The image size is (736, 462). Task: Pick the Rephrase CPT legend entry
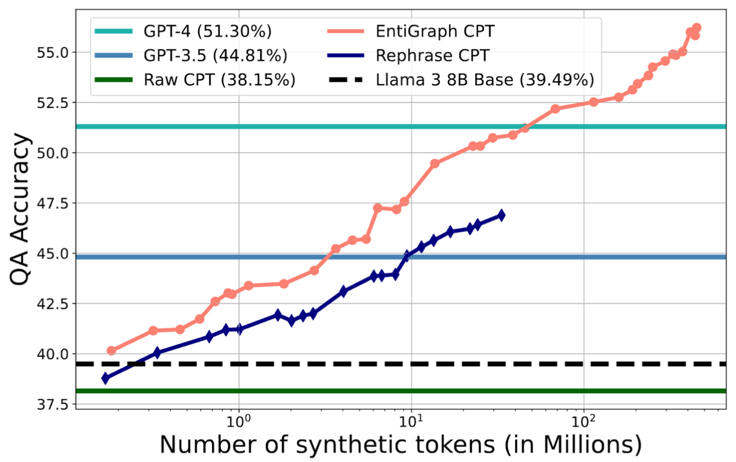pos(432,56)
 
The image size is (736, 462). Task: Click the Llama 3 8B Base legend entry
pos(484,80)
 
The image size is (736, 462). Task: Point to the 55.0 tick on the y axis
pos(55,53)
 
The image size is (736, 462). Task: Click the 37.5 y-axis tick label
pos(55,404)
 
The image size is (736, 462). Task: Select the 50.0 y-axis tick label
pos(55,153)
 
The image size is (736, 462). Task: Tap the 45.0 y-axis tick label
pos(55,254)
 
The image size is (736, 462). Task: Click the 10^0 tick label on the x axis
pos(239,421)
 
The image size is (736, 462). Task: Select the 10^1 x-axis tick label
pos(411,421)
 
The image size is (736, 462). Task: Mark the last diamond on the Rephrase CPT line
pos(501,215)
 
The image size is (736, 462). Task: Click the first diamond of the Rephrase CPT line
pos(105,378)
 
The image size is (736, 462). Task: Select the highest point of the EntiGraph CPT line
pos(697,28)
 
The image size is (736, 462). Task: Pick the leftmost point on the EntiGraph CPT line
pos(111,351)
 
